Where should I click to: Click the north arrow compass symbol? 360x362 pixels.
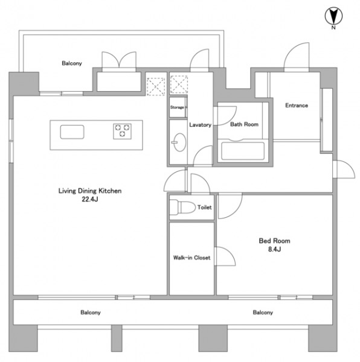tap(333, 16)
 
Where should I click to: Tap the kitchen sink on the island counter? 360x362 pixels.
tap(72, 132)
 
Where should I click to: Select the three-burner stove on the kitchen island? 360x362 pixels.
tap(122, 132)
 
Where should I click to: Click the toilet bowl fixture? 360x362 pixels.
tap(182, 207)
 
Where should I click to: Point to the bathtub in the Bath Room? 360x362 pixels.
tap(243, 151)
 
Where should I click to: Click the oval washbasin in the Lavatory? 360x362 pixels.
tap(179, 142)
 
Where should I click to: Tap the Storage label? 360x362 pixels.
tap(177, 107)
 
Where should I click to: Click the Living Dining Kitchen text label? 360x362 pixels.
tap(90, 191)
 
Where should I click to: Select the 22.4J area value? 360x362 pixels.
tap(90, 199)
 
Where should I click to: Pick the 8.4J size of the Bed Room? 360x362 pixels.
tap(274, 249)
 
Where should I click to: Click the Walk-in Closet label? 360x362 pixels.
tap(192, 258)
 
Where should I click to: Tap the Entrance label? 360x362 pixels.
tap(297, 106)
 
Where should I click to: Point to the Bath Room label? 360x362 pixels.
tap(244, 124)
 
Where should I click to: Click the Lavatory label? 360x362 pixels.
tap(201, 125)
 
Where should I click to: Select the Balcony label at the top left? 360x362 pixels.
tap(72, 63)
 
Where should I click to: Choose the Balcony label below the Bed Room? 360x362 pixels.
tap(263, 313)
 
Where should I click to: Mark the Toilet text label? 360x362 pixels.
tap(205, 208)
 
